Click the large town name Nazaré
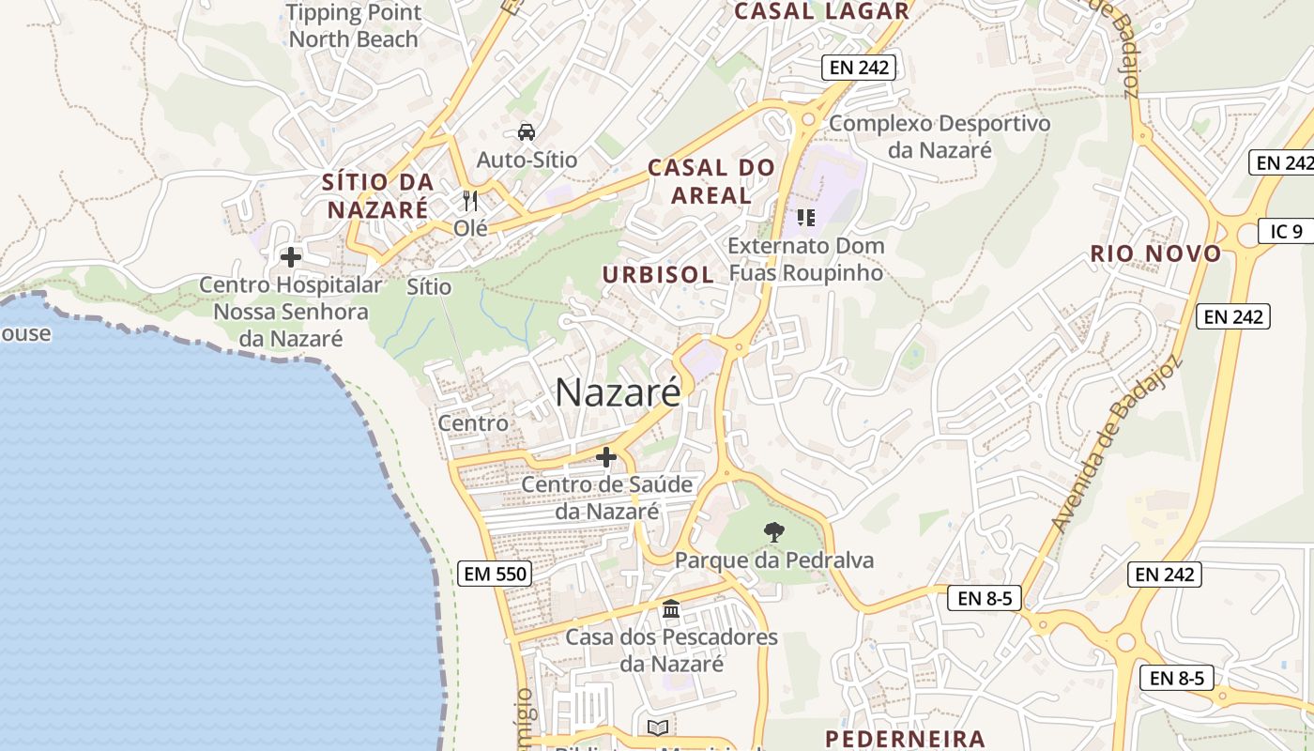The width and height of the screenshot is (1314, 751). (x=618, y=392)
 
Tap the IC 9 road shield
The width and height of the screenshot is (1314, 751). (x=1286, y=231)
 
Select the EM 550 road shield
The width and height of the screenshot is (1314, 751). (x=495, y=574)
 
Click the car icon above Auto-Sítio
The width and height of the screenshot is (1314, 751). (x=527, y=131)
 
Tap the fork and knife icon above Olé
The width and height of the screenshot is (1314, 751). (x=470, y=200)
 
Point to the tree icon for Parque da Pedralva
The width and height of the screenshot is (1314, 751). (x=773, y=533)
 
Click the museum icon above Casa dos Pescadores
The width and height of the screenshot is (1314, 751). (x=671, y=609)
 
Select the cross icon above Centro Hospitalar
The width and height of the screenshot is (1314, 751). (x=291, y=256)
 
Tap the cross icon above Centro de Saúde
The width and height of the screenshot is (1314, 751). (x=606, y=457)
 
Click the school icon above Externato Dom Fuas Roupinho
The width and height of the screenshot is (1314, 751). (x=805, y=218)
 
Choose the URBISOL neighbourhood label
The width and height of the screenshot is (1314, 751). (x=658, y=274)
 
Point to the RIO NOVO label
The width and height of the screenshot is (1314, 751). (x=1155, y=253)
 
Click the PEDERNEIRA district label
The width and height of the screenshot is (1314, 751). (x=905, y=739)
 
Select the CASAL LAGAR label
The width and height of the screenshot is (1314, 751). (x=821, y=11)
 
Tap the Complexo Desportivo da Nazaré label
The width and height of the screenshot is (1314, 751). (x=940, y=136)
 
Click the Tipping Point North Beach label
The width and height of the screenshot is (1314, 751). (x=354, y=26)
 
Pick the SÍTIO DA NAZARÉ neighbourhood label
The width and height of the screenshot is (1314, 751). (x=377, y=195)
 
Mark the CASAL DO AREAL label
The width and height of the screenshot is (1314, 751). (x=712, y=181)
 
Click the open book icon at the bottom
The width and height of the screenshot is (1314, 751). (x=658, y=728)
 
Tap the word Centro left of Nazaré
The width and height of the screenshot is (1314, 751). (x=473, y=423)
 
